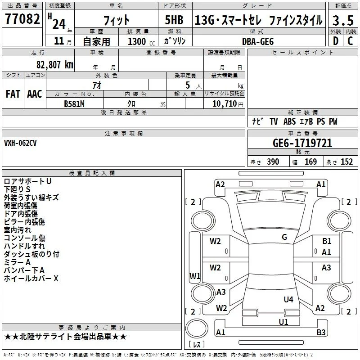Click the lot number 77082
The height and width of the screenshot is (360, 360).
tap(22, 18)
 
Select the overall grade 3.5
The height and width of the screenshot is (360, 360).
tap(343, 20)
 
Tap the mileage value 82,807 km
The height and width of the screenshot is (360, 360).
tap(54, 64)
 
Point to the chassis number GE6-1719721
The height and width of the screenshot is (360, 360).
tap(302, 143)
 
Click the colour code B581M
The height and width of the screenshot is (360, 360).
tap(74, 104)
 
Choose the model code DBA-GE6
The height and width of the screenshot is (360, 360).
tap(258, 41)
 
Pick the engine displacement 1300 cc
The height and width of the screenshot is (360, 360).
tap(141, 41)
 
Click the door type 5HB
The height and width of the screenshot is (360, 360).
tap(174, 20)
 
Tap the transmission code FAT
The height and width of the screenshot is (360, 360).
tap(13, 94)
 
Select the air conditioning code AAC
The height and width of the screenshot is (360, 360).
tap(35, 94)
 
